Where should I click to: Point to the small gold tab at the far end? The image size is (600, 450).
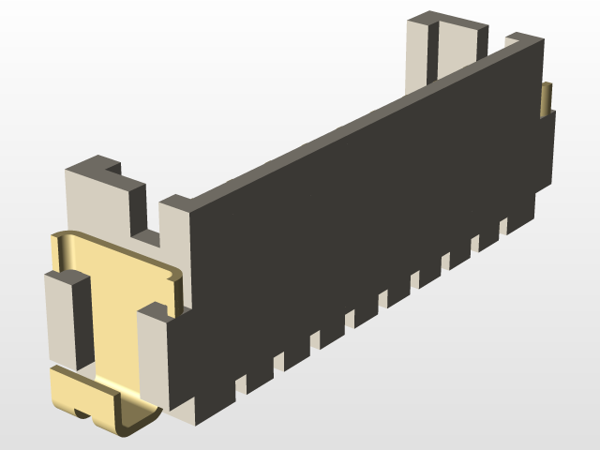(x=547, y=99)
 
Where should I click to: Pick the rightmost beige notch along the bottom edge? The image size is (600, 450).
(x=503, y=226)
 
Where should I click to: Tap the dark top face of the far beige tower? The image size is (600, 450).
(x=450, y=19)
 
